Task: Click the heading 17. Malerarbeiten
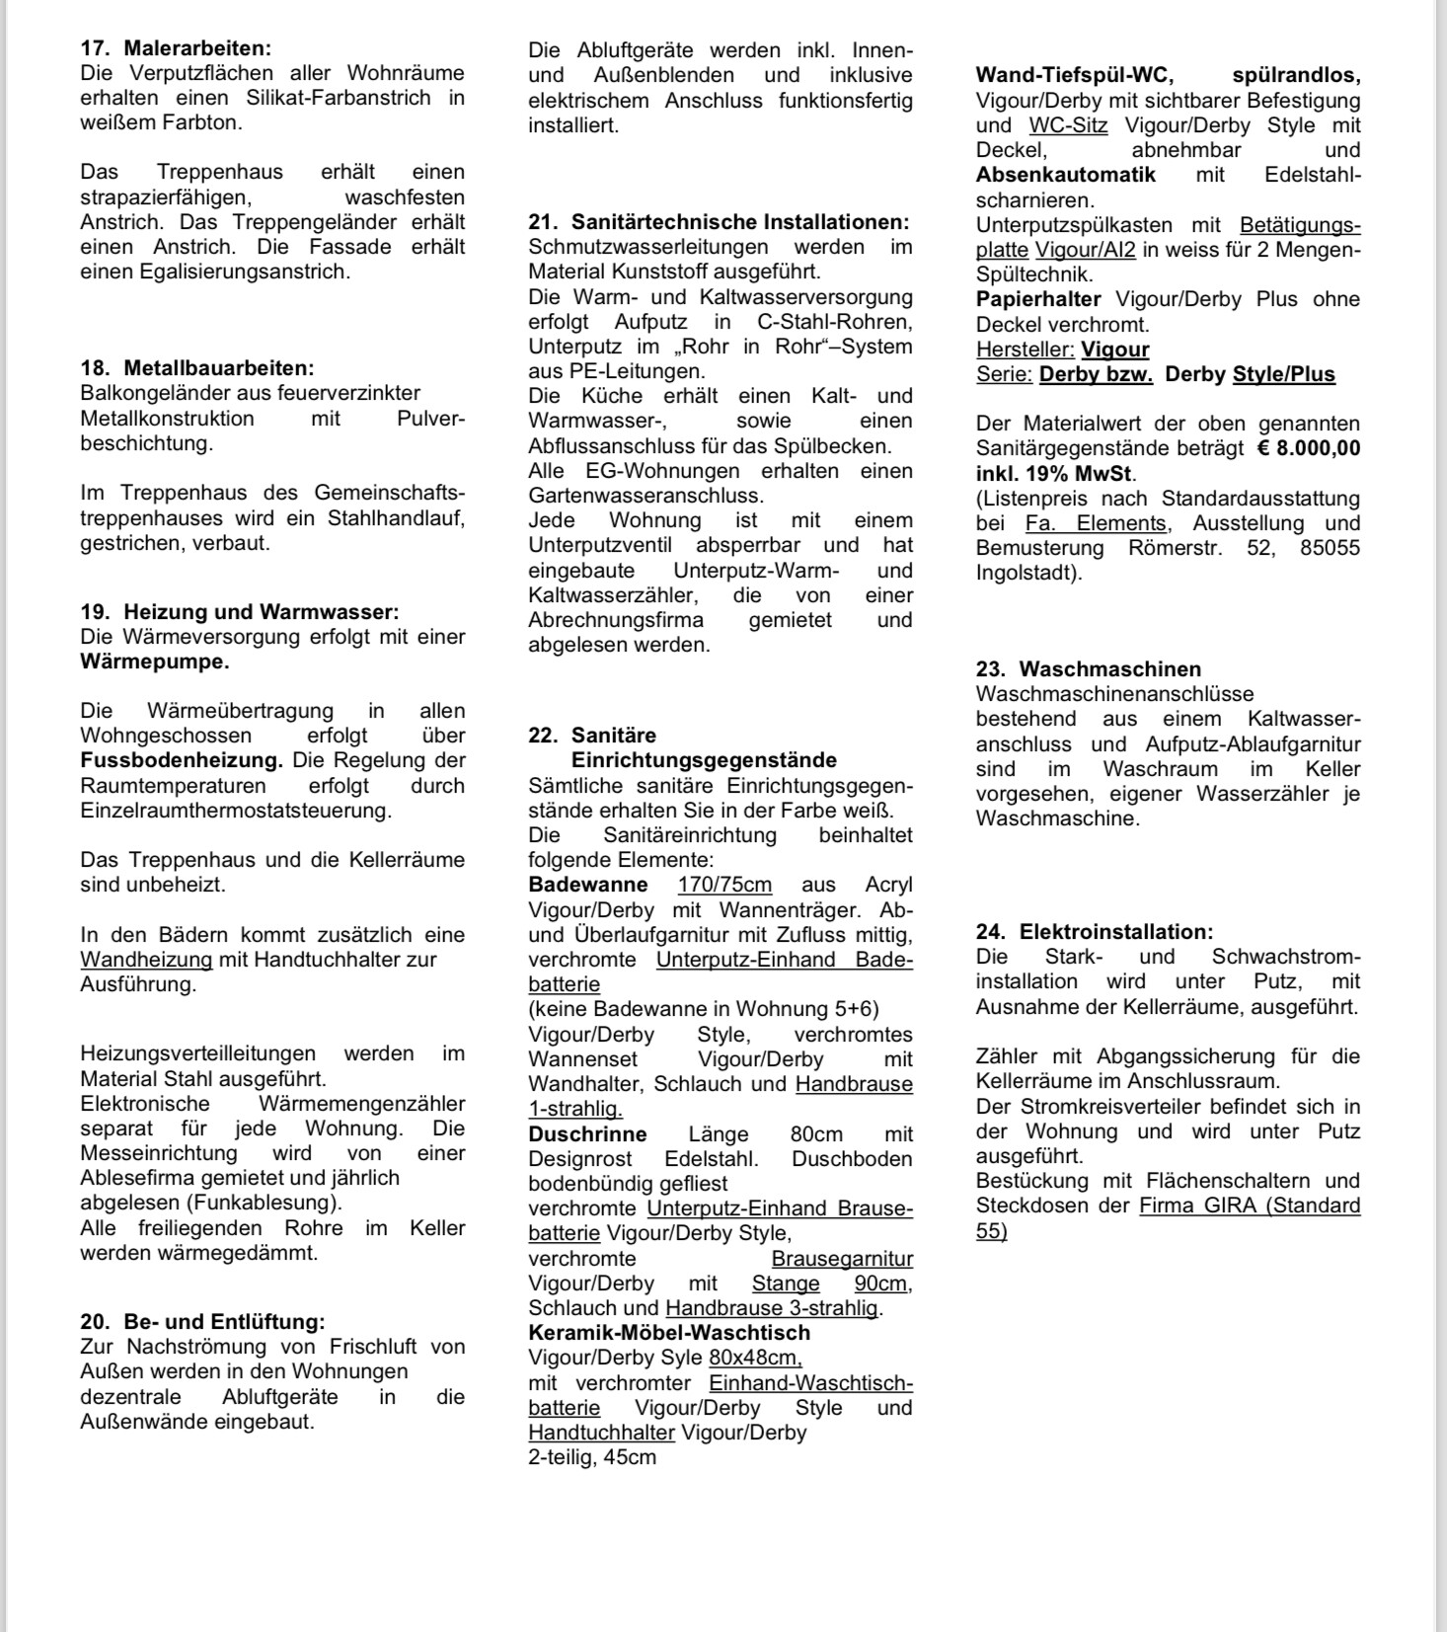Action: (176, 48)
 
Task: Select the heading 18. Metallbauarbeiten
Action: (197, 368)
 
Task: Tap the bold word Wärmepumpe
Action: (155, 661)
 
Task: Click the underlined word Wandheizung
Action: (146, 960)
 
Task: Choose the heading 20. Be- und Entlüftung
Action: (202, 1322)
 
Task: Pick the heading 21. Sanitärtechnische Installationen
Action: (719, 222)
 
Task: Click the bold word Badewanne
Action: (588, 885)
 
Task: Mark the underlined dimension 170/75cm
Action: (724, 885)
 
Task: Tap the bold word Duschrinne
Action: (587, 1134)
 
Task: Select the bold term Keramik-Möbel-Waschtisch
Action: (669, 1333)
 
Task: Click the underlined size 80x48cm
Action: (755, 1359)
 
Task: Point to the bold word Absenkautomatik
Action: (1066, 176)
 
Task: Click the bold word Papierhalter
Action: (1038, 299)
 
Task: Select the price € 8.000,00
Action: (1309, 448)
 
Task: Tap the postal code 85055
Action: (1330, 548)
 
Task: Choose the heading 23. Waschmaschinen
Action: (1089, 669)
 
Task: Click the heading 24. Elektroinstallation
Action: (1095, 932)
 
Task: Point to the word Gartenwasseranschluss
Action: (646, 496)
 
